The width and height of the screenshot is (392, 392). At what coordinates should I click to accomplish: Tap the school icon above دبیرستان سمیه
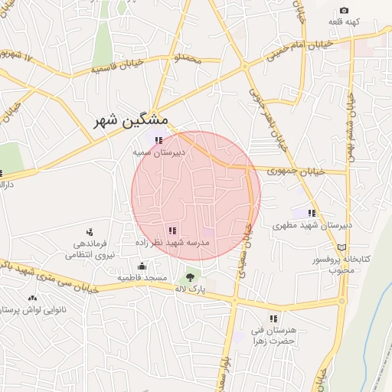click(x=158, y=141)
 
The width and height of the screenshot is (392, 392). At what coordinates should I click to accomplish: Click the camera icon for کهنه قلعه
click(x=344, y=11)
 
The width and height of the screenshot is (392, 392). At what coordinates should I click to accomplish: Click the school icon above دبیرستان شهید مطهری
click(x=312, y=213)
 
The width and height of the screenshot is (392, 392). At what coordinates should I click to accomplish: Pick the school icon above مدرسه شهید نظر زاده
click(x=172, y=230)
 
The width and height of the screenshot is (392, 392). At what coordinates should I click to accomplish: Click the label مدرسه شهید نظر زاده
click(x=172, y=242)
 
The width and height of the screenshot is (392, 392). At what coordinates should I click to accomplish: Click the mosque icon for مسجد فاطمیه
click(x=142, y=266)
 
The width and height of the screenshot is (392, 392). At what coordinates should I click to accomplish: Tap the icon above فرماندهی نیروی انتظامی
click(x=90, y=231)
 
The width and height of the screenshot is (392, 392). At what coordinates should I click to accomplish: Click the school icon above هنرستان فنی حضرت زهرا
click(x=273, y=318)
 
